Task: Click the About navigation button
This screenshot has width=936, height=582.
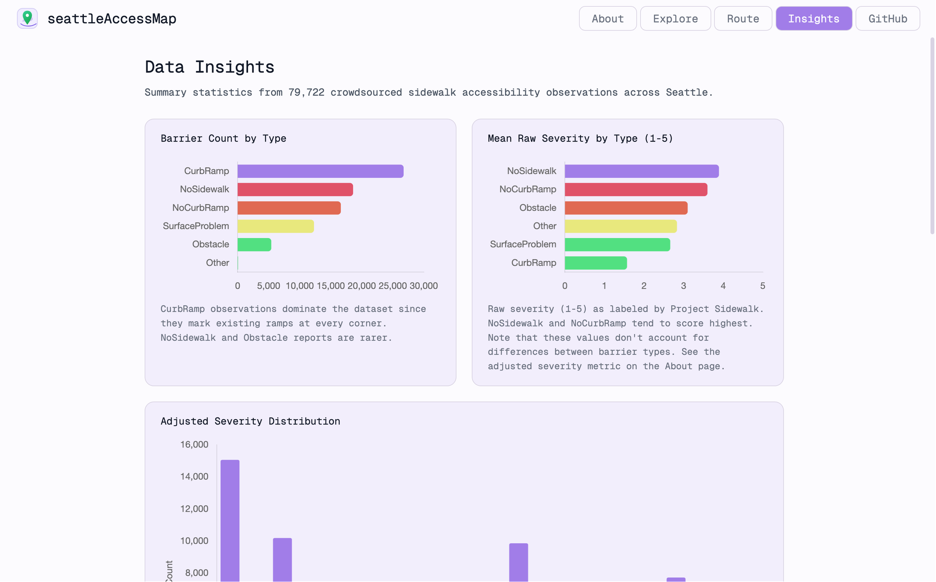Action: point(607,19)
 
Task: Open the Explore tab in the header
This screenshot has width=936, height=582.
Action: point(675,19)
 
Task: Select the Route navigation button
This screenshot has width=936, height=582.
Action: point(743,19)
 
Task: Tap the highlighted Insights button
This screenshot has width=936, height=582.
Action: point(813,19)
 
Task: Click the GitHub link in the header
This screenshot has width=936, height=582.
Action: point(887,19)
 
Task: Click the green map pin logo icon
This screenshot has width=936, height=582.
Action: point(27,18)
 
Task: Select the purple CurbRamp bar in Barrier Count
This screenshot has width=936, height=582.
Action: point(320,171)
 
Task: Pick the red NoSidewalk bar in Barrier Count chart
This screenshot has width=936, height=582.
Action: point(295,189)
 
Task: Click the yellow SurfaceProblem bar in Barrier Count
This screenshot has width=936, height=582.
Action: point(275,226)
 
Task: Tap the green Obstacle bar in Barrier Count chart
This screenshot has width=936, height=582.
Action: point(254,244)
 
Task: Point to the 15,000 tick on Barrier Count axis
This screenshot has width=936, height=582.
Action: point(330,286)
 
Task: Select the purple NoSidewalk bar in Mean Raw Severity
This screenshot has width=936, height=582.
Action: point(641,171)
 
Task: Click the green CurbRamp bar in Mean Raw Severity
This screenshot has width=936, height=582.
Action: point(595,263)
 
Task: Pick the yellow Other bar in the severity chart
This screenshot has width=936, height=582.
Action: point(620,226)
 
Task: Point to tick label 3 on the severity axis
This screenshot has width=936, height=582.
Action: point(683,286)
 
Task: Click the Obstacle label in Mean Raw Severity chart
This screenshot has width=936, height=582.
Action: point(537,208)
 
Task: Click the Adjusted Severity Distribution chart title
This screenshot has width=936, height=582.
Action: point(250,421)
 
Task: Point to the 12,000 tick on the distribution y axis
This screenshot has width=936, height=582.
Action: point(194,508)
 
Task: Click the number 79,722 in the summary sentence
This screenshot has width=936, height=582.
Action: point(306,92)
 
